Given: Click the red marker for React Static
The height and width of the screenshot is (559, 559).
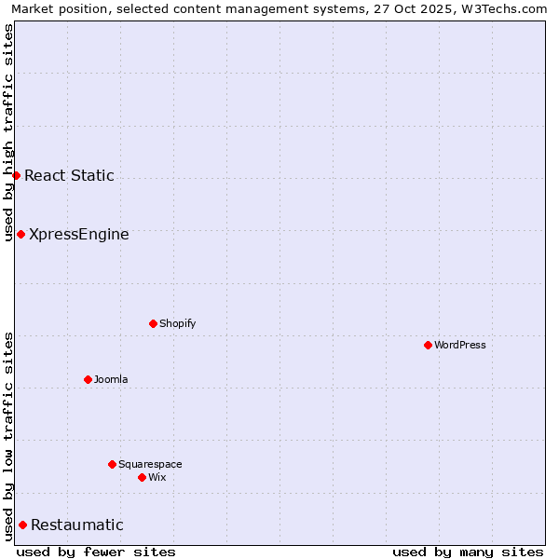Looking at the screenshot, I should [16, 175].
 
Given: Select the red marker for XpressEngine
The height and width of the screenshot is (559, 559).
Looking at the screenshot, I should [20, 234].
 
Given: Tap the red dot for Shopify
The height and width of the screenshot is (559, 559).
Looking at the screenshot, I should [153, 323].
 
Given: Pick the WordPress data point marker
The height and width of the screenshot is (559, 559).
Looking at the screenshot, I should [428, 345].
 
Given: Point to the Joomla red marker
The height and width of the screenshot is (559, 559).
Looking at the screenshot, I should [88, 379].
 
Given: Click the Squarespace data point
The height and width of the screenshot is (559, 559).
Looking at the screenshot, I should [112, 464].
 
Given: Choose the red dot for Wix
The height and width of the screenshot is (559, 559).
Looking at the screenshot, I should [142, 477].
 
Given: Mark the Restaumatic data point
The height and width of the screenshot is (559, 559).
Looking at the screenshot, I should [22, 525].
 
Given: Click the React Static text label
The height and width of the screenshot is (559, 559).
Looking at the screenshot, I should [69, 175].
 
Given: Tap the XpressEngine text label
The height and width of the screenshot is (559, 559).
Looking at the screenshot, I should [79, 234].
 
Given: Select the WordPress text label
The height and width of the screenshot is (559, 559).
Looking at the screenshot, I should [460, 345].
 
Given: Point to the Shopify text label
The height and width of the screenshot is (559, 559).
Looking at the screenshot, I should [177, 323].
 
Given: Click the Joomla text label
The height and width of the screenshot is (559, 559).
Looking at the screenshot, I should [111, 379].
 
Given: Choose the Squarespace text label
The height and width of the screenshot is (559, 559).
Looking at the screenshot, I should [150, 464].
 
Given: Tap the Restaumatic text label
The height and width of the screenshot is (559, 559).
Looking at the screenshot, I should [77, 525].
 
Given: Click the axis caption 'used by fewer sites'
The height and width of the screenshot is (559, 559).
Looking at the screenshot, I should [96, 552].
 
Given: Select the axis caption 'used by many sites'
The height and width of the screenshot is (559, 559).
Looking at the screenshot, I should [468, 552].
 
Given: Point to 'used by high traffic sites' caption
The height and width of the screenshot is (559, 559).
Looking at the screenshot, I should [8, 132].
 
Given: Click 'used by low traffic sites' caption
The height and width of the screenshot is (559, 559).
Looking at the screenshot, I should [8, 436].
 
